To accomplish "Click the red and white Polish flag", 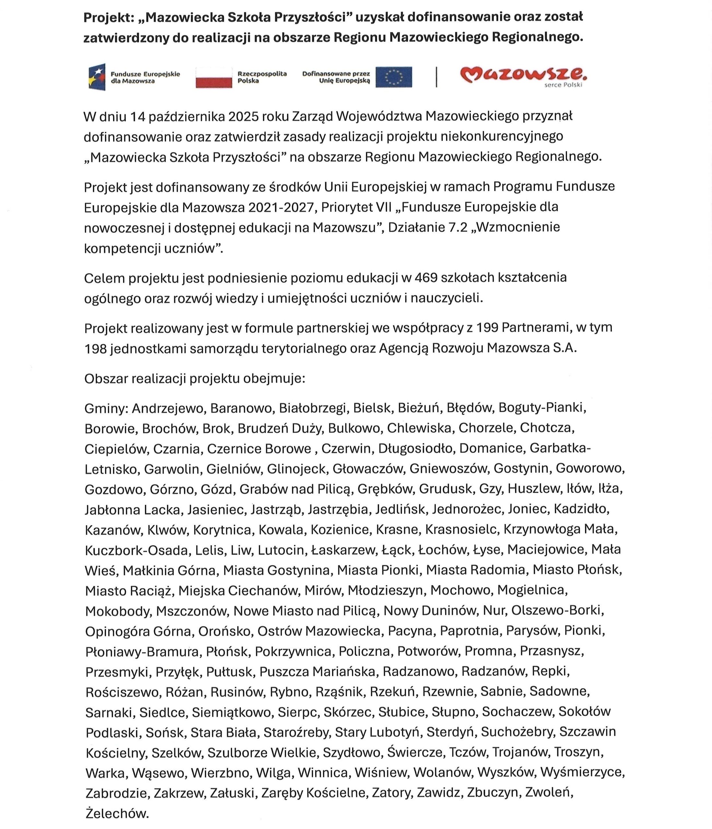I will pos(214,77).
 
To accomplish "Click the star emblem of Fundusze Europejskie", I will pos(97,77).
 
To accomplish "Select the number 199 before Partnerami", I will pos(487,328).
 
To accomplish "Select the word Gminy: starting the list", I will pos(106,408).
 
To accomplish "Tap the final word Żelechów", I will pos(117,813).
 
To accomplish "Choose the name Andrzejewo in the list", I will pos(168,408).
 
